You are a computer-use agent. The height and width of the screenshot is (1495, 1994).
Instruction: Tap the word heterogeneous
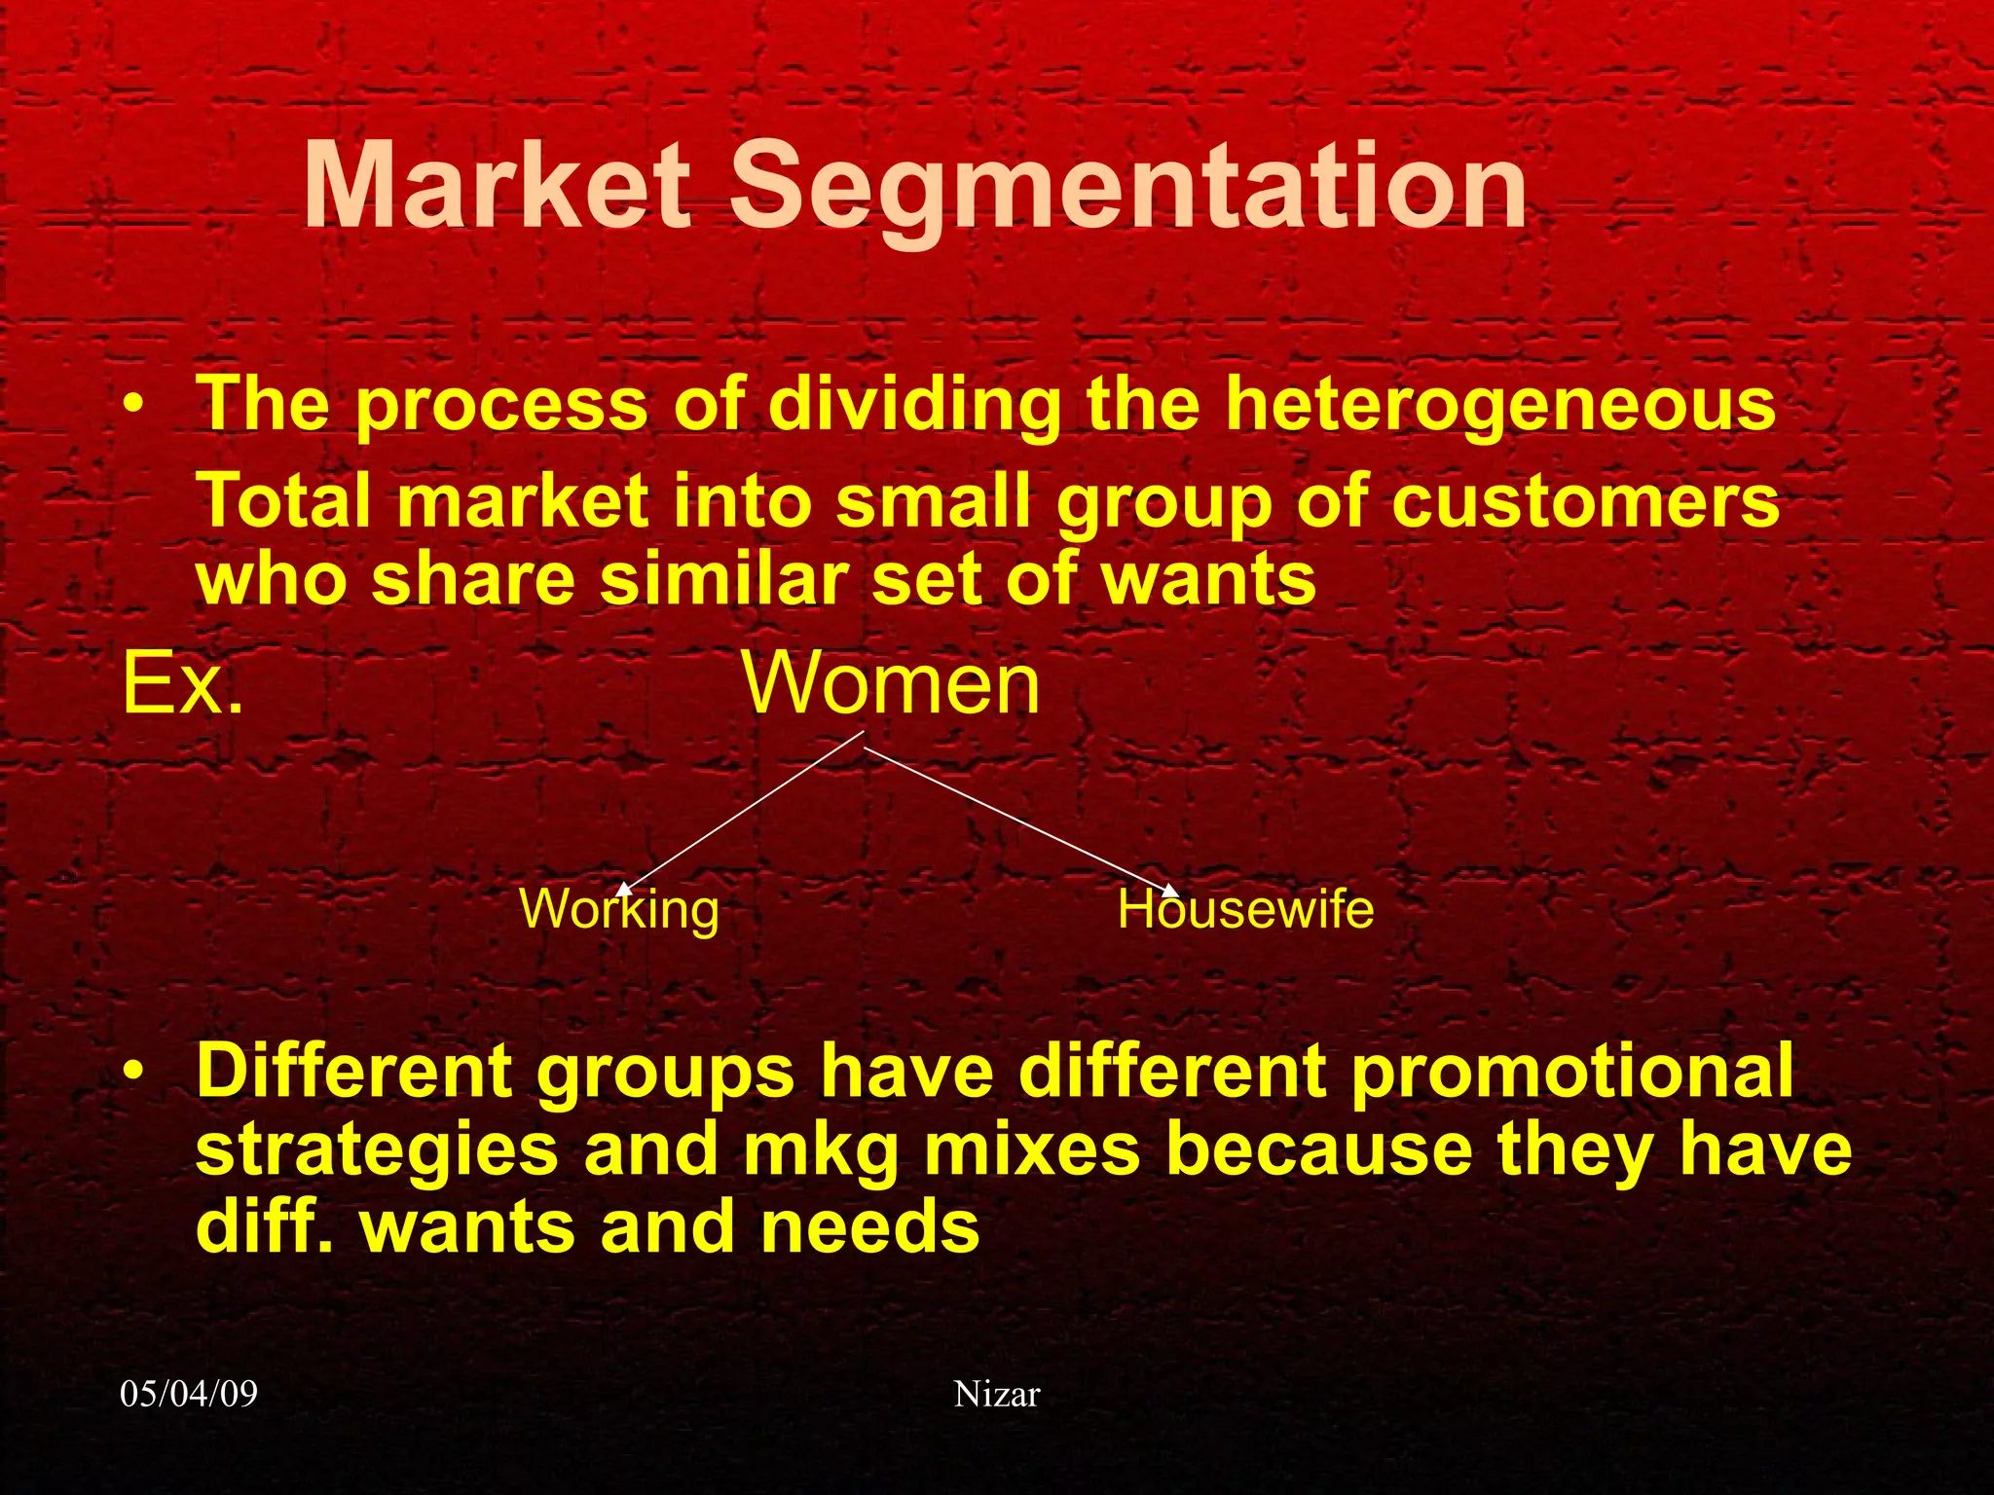point(1500,404)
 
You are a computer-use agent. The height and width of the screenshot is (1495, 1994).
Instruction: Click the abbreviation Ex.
point(182,684)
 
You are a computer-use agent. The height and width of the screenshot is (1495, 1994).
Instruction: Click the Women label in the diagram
point(891,684)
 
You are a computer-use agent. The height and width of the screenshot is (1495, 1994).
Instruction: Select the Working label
point(620,910)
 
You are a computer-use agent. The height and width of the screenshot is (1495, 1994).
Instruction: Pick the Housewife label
point(1245,910)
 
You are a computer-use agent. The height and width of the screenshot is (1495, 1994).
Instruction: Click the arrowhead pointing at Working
point(625,888)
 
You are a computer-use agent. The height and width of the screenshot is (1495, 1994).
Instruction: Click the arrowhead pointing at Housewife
point(1171,891)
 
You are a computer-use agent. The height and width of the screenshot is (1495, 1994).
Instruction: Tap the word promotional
point(1571,1071)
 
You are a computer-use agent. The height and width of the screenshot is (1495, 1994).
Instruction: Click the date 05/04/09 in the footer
point(189,1394)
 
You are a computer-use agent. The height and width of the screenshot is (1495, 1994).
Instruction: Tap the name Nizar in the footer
point(996,1394)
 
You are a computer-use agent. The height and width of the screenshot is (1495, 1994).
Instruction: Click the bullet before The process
point(135,403)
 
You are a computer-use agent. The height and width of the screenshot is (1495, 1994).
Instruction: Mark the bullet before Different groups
point(135,1071)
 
